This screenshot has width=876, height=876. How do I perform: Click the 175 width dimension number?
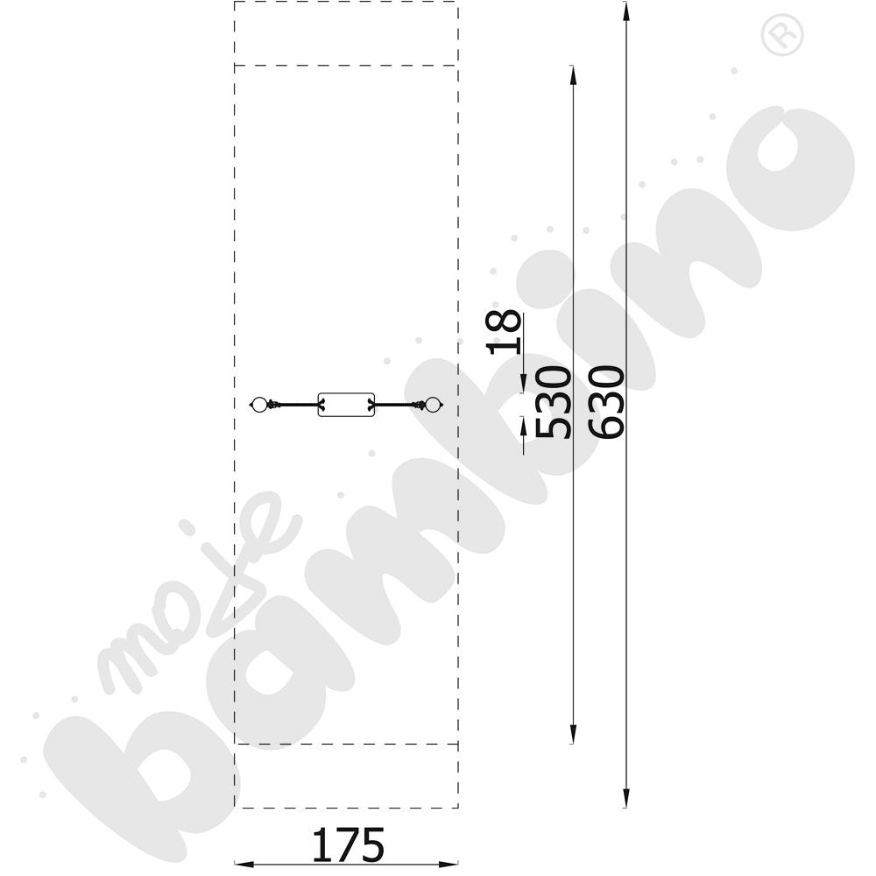348,844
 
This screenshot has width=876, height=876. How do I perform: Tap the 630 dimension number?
606,402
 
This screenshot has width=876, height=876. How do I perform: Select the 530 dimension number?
553,402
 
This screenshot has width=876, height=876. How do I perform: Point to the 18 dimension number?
504,332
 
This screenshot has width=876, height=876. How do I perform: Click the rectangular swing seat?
346,405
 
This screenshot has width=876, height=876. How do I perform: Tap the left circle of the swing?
258,405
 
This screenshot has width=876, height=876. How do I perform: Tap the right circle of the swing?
433,405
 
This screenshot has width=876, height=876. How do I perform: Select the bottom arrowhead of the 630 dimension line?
625,799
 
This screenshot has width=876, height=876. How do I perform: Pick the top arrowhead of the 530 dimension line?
572,74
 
